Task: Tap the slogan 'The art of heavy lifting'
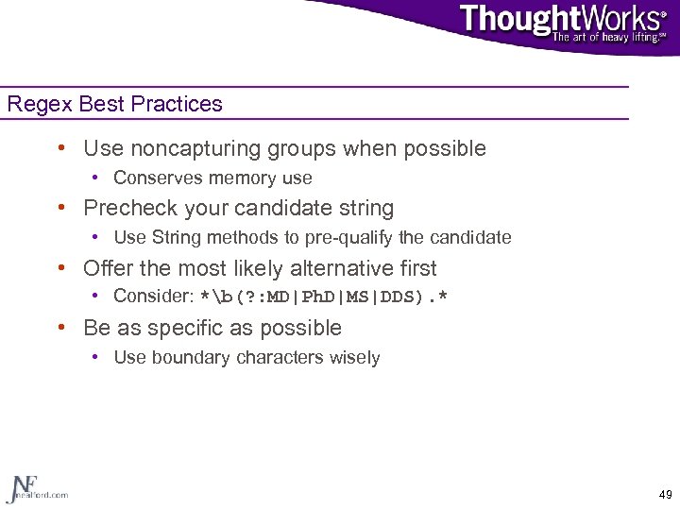(x=608, y=38)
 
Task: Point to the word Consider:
(x=153, y=297)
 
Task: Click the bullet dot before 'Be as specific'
(x=61, y=328)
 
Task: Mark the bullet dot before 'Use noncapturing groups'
(x=61, y=148)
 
